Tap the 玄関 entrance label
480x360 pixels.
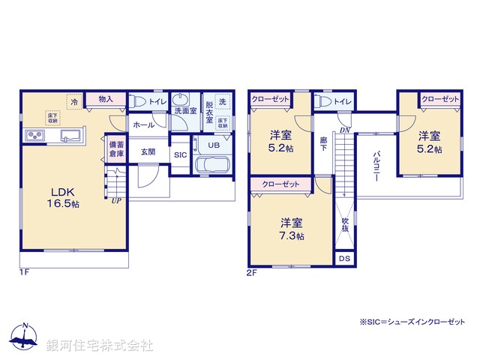point(147,151)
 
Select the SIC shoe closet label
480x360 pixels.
point(180,154)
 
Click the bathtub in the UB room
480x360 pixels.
point(213,166)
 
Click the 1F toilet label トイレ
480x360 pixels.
point(157,100)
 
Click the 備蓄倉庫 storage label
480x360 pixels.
point(115,148)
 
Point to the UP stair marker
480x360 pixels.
point(115,201)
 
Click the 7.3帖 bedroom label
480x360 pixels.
point(292,228)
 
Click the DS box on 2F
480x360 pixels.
point(344,259)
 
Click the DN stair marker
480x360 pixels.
point(345,130)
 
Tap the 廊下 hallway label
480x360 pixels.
point(322,144)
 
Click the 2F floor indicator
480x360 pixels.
point(252,274)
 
